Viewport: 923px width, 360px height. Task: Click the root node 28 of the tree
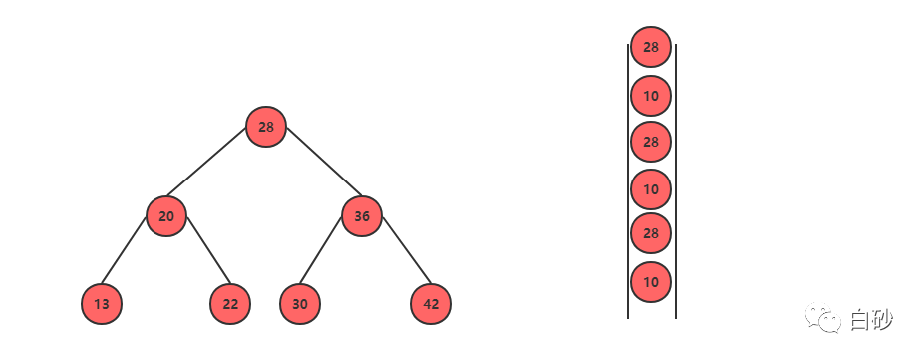266,127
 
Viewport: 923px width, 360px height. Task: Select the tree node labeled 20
166,216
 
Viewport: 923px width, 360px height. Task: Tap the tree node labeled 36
362,216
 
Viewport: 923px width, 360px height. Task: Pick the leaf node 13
102,304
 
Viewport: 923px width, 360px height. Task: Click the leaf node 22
231,304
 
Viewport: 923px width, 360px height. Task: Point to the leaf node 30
300,304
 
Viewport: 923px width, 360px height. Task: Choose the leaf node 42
431,304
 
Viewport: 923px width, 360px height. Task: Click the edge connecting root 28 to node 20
206,162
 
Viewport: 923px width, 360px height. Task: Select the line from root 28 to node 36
324,162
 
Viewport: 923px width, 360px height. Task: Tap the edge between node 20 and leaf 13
124,250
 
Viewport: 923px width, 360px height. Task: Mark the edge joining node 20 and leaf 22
209,250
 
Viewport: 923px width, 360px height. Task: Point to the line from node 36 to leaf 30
321,250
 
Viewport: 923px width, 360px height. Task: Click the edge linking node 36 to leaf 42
407,250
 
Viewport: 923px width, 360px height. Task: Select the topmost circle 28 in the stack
651,47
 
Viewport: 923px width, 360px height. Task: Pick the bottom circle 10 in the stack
651,282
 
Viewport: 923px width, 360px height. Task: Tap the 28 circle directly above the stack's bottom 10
651,234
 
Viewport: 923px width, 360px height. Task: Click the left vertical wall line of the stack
628,180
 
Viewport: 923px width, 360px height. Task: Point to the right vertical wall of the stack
675,180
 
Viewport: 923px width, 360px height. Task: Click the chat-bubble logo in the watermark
823,318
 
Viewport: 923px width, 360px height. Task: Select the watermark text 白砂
871,320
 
